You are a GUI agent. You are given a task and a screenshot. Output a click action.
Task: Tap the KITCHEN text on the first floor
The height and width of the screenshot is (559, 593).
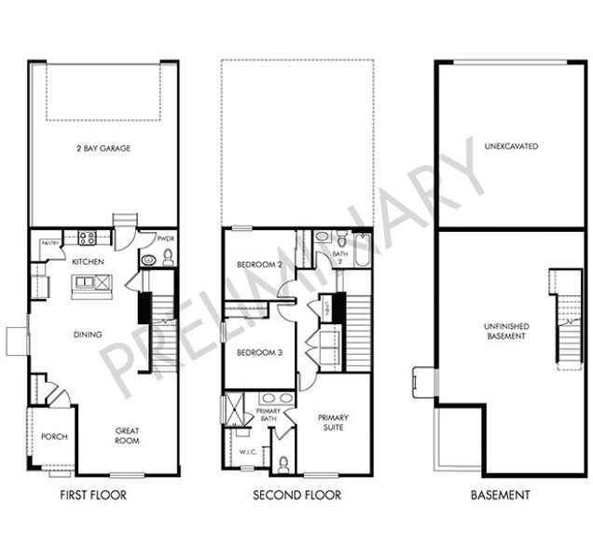[88, 263]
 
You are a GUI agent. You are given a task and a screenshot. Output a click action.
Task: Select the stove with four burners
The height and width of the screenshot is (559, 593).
[88, 238]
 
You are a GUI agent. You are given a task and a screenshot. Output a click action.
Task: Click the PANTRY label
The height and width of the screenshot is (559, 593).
[50, 243]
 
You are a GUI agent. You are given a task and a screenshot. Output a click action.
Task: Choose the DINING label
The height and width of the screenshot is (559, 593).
[89, 334]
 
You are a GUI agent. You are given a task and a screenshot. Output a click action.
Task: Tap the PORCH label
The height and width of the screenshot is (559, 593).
[55, 437]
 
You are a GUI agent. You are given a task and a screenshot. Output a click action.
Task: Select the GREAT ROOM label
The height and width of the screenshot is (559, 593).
[127, 435]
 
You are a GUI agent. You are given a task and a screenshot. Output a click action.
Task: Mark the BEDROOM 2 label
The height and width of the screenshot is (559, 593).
[258, 264]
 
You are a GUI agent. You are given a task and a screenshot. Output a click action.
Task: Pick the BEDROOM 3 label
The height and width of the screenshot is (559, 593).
[258, 352]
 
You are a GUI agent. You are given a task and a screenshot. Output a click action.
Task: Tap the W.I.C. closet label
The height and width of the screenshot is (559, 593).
[247, 453]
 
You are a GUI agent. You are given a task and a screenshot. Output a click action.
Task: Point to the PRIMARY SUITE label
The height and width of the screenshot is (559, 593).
[333, 423]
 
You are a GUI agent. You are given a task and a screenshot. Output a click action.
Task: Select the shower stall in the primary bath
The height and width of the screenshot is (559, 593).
[231, 409]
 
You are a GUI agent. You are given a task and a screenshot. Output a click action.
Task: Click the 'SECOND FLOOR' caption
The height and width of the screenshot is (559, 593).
[296, 496]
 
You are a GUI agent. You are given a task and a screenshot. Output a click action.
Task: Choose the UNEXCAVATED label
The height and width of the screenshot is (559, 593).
[510, 147]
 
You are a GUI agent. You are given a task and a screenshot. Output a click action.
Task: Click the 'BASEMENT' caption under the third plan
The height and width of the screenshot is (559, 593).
[501, 496]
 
